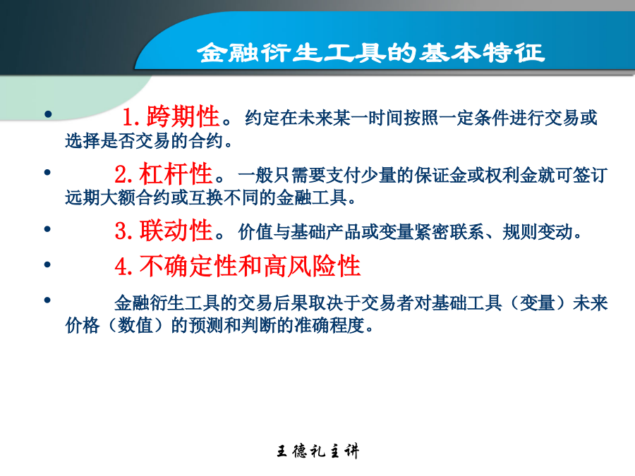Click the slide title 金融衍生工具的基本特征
point(371,53)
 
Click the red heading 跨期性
point(183,116)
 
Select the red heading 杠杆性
point(176,173)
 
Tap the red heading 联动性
point(176,231)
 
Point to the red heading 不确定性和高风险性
point(250,266)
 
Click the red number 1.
point(131,117)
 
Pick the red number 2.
point(123,174)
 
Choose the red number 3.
point(123,231)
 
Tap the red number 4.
point(123,267)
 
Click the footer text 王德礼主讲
point(318,451)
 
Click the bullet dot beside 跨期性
point(48,114)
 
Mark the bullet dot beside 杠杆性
point(47,173)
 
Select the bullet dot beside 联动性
point(47,229)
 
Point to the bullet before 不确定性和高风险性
point(47,264)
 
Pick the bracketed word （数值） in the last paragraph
point(135,325)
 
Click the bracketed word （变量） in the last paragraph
point(537,303)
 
